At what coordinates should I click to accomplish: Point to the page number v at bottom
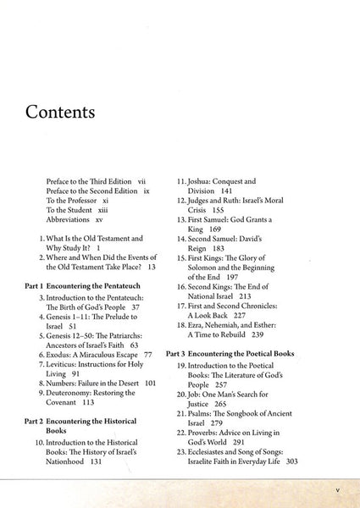[336, 490]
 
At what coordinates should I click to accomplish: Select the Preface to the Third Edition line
[96, 181]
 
